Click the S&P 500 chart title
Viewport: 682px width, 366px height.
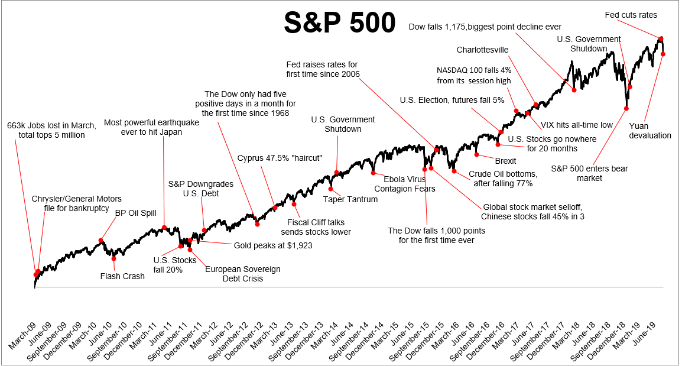339,23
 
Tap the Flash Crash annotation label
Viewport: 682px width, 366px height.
122,276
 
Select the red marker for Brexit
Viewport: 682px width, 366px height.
476,155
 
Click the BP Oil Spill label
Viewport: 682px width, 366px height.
135,213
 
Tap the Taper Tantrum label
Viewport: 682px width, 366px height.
350,199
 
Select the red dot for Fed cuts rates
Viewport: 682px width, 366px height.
661,38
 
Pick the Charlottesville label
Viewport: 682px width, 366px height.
483,50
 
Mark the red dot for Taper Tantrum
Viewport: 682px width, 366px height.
332,189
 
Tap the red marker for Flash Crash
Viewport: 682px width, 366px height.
113,258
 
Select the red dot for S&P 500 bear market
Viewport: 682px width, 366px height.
626,108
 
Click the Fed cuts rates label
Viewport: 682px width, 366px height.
631,15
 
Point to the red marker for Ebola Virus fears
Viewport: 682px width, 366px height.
374,173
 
